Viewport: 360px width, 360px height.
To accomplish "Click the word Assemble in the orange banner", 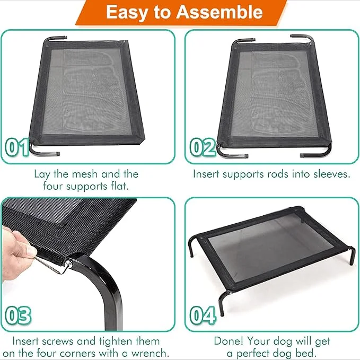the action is pyautogui.click(x=219, y=12).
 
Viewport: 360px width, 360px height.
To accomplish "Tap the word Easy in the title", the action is pyautogui.click(x=126, y=13).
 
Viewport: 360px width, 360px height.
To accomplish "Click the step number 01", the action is pyautogui.click(x=17, y=147).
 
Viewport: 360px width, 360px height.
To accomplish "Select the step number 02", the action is pyautogui.click(x=203, y=147).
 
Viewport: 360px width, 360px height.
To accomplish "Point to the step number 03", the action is pyautogui.click(x=18, y=315).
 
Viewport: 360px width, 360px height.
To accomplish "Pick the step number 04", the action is pyautogui.click(x=203, y=315).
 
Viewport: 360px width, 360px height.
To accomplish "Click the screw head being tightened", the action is pyautogui.click(x=68, y=264).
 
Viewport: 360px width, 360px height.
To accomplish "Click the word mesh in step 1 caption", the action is pyautogui.click(x=85, y=174).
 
